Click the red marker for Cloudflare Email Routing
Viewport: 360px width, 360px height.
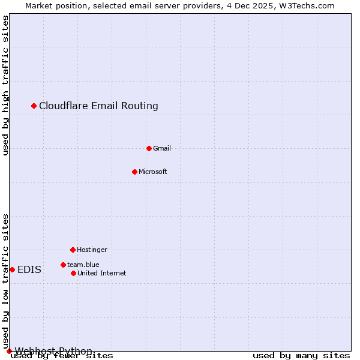[x=34, y=106]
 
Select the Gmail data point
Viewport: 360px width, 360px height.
[x=149, y=148]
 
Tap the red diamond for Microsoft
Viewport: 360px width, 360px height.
[x=134, y=172]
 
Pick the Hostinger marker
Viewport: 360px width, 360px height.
[x=73, y=250]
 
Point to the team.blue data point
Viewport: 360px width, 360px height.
[x=63, y=265]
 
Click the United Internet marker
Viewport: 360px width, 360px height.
[x=73, y=273]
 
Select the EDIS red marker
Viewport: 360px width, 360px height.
[x=12, y=269]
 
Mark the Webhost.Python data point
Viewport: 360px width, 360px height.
[x=9, y=351]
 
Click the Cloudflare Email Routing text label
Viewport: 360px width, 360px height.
[x=98, y=106]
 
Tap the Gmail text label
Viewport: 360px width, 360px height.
[x=162, y=148]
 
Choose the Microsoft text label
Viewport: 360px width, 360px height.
[x=153, y=172]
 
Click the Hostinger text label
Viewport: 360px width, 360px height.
[x=92, y=250]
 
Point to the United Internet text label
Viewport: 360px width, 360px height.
[x=102, y=273]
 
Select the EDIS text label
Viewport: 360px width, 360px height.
[x=29, y=269]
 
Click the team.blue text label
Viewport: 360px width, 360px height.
[x=83, y=265]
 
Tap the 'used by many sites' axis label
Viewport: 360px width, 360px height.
[x=301, y=356]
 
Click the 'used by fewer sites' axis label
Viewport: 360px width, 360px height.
[x=62, y=356]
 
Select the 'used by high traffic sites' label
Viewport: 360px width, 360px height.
[x=6, y=85]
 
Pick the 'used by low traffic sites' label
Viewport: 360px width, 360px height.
[x=6, y=281]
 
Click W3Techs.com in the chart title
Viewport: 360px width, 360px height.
[x=306, y=5]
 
